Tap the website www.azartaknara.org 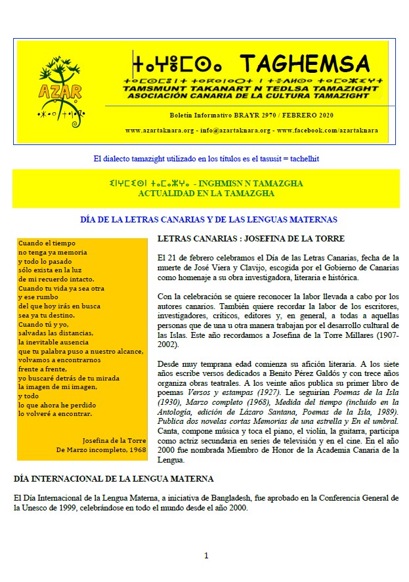pos(159,131)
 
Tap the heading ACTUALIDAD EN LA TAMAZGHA pos(206,193)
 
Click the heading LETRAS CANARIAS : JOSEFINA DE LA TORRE pos(251,238)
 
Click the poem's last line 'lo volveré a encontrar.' pos(55,414)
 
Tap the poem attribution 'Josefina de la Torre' pos(114,440)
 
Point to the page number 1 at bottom pos(206,556)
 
